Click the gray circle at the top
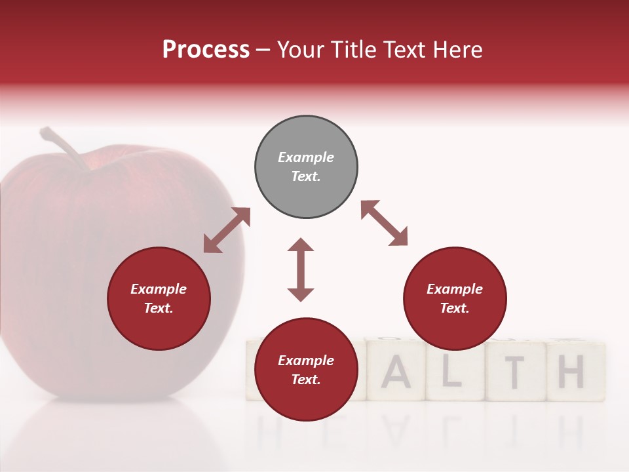coord(306,167)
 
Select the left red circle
coord(159,299)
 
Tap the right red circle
coord(455,299)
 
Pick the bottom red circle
coord(306,370)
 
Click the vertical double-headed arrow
coord(301,269)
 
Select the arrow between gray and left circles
coord(227,230)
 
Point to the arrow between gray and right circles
coord(384,223)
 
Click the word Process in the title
coord(206,49)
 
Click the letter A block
coord(396,372)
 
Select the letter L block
coord(455,372)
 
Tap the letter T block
coord(516,372)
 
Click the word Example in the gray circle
coord(306,157)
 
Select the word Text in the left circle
coord(159,308)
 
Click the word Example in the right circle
coord(455,289)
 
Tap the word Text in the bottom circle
coord(306,380)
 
